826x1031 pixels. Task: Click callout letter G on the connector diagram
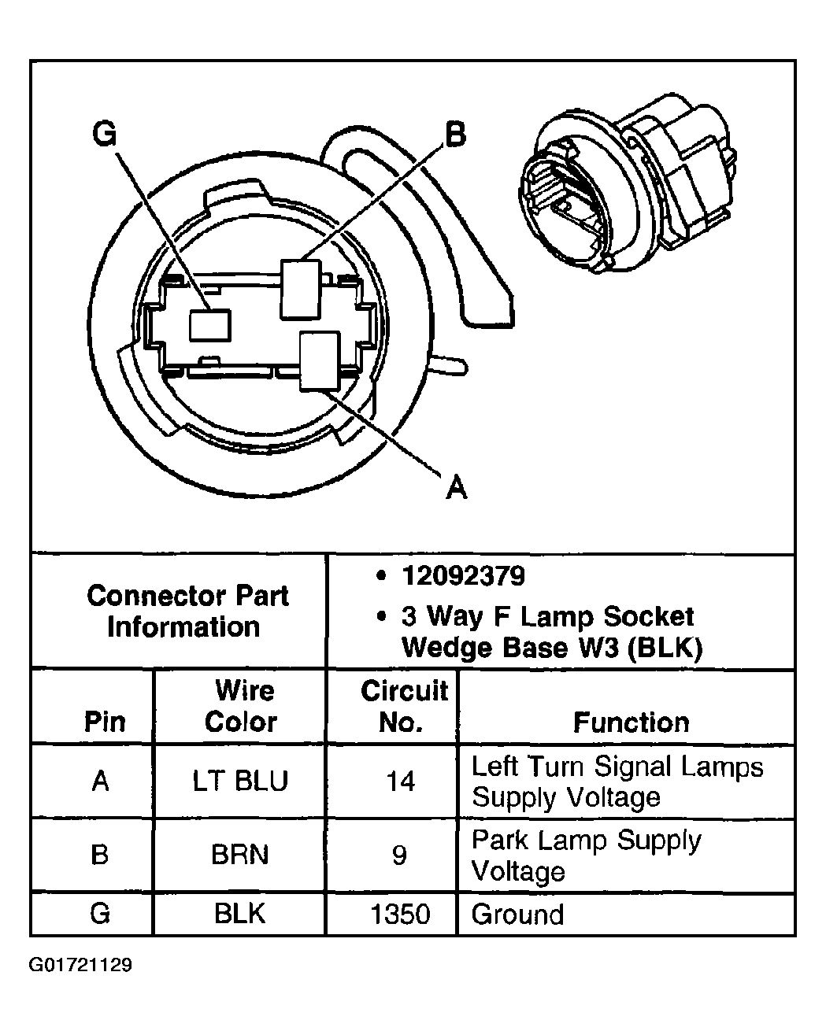pos(105,135)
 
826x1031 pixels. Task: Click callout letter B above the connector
pos(455,135)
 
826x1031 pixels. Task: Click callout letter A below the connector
pos(456,488)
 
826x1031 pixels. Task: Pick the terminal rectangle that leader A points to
pos(320,360)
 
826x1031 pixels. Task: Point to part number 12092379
pos(463,576)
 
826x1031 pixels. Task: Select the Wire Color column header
pos(241,706)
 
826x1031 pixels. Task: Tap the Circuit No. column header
pos(404,706)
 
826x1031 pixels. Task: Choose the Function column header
pos(631,722)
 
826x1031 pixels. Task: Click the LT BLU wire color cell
pos(241,781)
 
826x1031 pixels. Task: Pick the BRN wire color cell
pos(240,855)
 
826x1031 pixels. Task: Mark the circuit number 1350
pos(401,914)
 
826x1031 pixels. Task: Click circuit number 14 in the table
pos(400,781)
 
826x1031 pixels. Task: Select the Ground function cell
pos(517,914)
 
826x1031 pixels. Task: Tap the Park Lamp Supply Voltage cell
pos(586,855)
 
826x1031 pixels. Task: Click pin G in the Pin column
pos(100,914)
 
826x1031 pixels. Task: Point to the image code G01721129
pos(81,965)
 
